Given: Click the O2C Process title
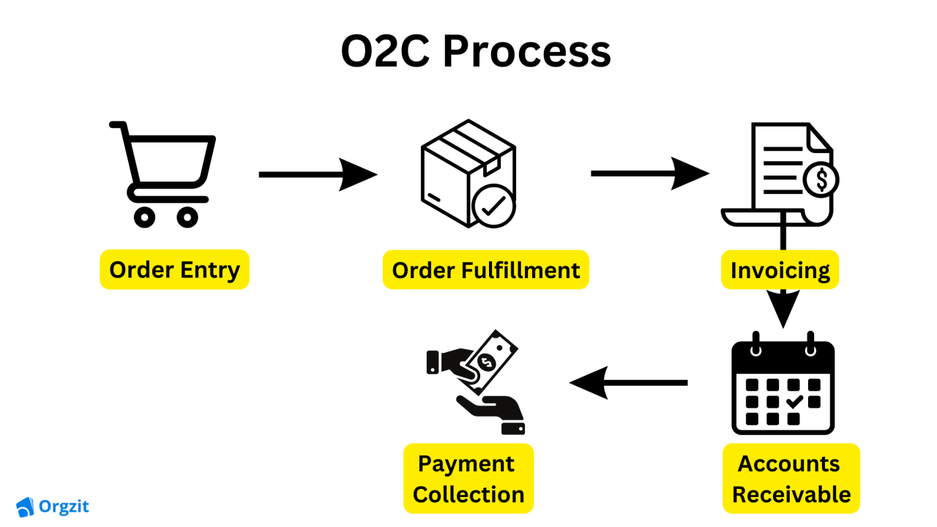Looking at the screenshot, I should pos(476,52).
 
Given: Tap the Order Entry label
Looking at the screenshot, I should pos(174,269).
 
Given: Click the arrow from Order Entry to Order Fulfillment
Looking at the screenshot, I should pos(318,175).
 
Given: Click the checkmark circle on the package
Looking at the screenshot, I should pos(494,207).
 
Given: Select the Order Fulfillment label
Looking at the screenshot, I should pos(486,269).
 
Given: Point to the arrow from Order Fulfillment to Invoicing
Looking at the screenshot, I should pos(649,173).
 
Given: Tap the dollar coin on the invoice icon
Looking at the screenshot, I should pos(821,179).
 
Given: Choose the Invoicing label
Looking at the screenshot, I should pos(780,269).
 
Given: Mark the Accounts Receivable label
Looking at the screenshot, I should pos(791,478).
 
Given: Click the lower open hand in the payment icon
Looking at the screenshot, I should pos(490,414).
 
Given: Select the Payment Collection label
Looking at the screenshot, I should pos(468,478).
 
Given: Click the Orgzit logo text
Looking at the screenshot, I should pos(64,506).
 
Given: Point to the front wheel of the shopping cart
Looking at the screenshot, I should pos(187,217).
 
